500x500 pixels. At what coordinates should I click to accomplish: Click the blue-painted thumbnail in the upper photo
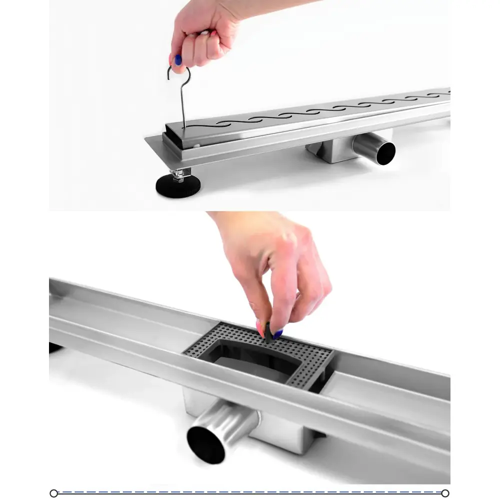[x=178, y=60]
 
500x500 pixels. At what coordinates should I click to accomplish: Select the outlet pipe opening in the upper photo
[x=385, y=153]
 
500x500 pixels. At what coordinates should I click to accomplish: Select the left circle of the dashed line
[x=54, y=493]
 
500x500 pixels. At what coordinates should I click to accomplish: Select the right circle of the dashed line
[x=445, y=493]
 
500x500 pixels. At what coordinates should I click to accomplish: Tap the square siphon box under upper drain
[x=332, y=150]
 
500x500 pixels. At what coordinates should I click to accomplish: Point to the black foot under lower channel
[x=54, y=347]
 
